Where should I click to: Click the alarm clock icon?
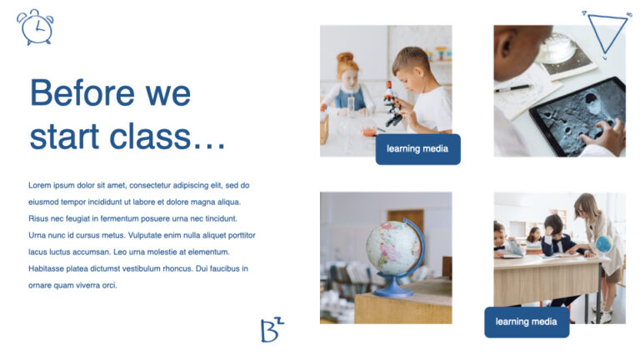click(x=35, y=27)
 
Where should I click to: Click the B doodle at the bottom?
click(x=271, y=330)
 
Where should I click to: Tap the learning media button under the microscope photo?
click(x=417, y=149)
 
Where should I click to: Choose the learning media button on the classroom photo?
click(x=526, y=322)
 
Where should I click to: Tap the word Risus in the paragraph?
click(x=39, y=218)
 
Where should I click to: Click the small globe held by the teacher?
click(x=602, y=244)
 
